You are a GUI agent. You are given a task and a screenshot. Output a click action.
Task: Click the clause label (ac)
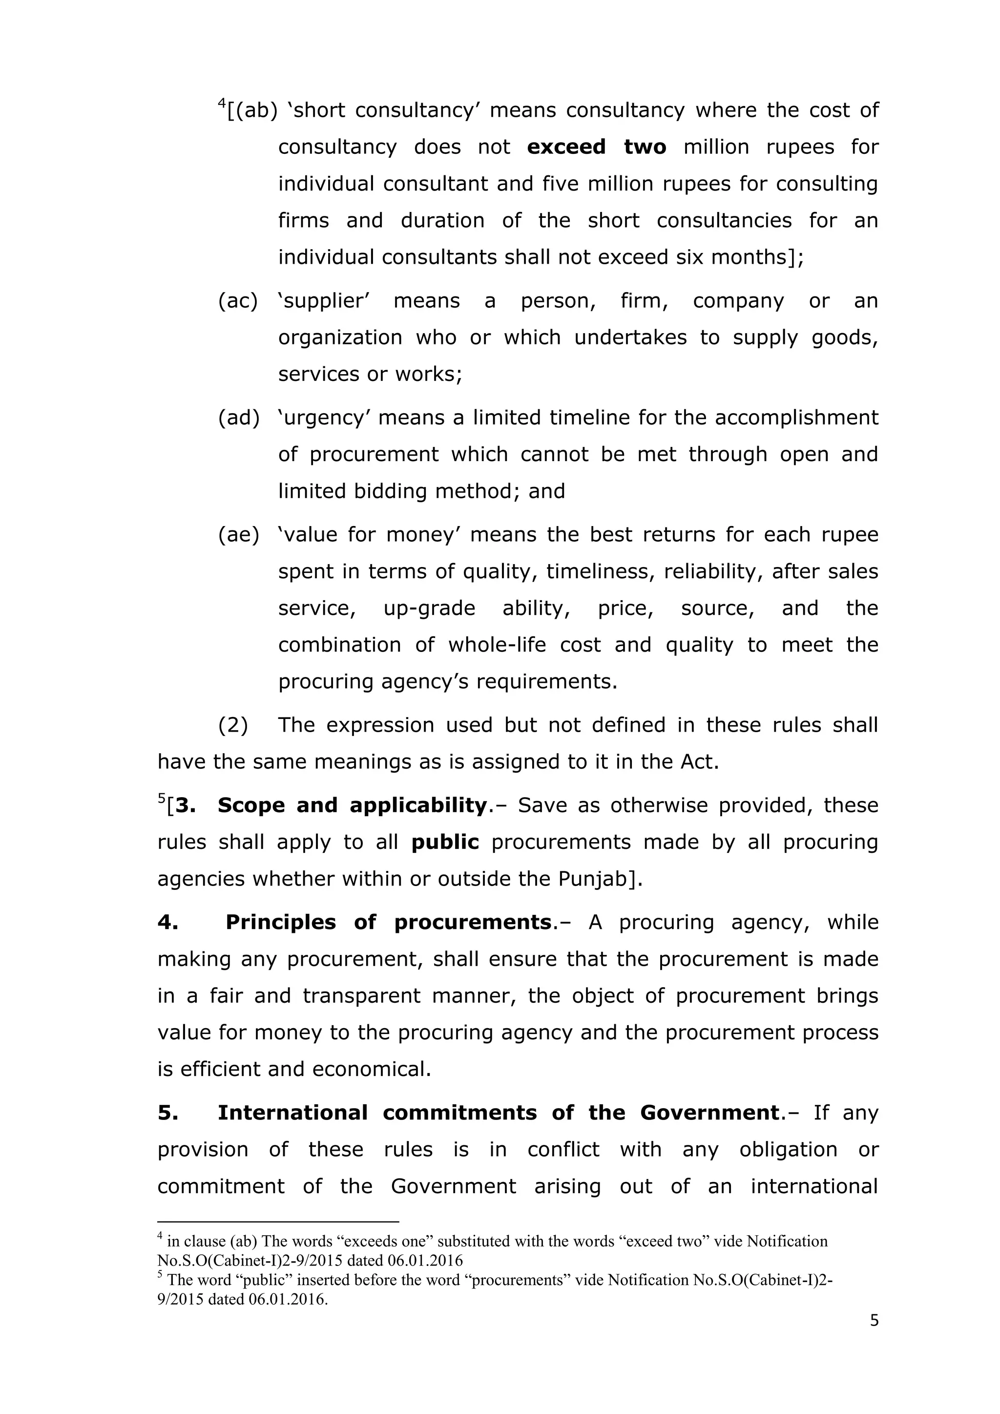coord(238,301)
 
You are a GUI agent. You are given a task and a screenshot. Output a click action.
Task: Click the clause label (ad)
coord(238,418)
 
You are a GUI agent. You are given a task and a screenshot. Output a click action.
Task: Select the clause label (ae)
coord(238,535)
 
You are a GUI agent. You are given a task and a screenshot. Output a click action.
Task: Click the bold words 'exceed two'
coord(597,147)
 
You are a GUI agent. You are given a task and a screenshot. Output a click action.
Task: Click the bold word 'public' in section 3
coord(445,843)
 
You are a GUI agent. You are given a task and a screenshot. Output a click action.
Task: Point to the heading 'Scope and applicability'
coord(352,805)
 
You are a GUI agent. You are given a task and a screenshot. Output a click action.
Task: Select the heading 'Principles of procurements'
coord(388,923)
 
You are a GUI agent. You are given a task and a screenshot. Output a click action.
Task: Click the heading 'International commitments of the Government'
coord(499,1113)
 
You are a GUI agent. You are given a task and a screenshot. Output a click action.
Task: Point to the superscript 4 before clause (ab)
coord(222,104)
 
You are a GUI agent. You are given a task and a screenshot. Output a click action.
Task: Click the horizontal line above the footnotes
coord(278,1221)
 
